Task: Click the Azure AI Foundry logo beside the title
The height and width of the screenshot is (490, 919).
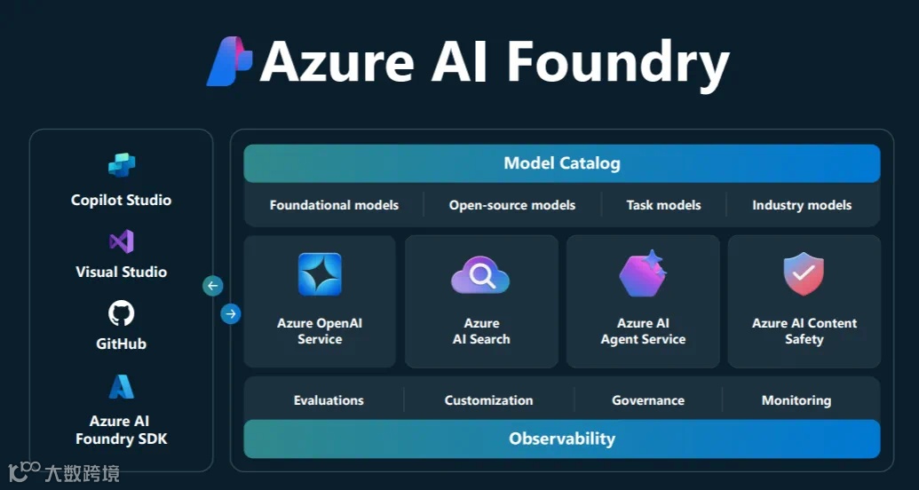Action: click(x=229, y=61)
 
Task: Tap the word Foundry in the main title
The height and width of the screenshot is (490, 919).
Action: click(x=618, y=63)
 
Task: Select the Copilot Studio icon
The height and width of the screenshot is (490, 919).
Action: click(x=122, y=165)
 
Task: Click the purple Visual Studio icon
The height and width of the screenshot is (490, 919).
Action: click(x=122, y=241)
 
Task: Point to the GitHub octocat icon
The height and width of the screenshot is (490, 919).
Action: click(x=122, y=313)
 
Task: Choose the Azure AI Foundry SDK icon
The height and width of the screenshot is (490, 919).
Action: click(x=122, y=387)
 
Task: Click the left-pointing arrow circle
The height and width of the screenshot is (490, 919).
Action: click(x=213, y=286)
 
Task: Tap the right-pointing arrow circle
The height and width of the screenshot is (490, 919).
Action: click(x=231, y=313)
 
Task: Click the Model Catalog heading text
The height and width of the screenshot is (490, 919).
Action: click(x=562, y=163)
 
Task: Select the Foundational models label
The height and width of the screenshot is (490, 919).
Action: click(x=334, y=205)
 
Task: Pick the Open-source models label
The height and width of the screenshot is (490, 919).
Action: click(x=512, y=205)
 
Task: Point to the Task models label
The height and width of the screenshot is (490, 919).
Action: click(x=663, y=205)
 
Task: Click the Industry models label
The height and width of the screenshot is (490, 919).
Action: click(x=802, y=205)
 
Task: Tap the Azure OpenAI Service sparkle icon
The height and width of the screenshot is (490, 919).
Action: click(x=320, y=274)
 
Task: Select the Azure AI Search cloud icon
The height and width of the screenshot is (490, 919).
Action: click(x=480, y=276)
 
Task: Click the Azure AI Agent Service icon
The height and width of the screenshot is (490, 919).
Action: click(x=643, y=274)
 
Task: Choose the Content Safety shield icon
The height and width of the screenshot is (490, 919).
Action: click(x=804, y=274)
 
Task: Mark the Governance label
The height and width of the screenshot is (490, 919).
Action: click(x=648, y=400)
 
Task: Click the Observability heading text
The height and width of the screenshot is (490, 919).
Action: click(x=562, y=439)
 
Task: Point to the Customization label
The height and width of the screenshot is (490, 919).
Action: click(x=489, y=400)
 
